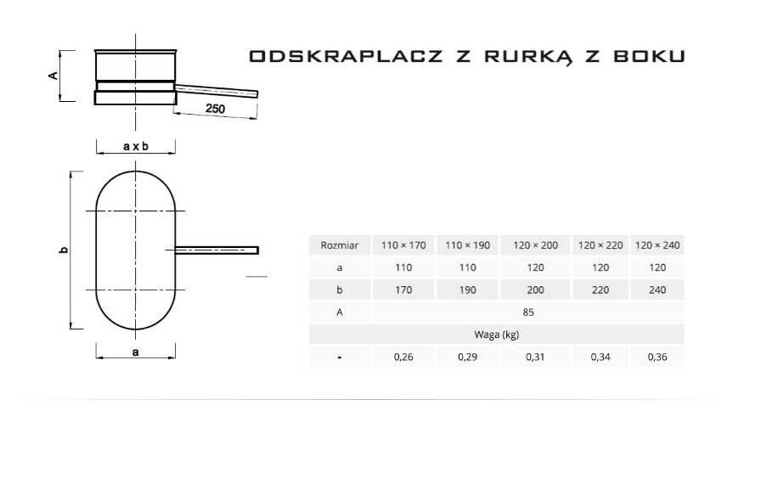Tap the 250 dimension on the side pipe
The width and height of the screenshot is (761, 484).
pos(215,109)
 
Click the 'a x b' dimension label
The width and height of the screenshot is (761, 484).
pos(135,146)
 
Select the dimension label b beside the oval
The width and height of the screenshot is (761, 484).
pos(63,250)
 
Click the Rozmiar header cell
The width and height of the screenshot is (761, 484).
pos(339,245)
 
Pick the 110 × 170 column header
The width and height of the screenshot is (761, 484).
pos(403,245)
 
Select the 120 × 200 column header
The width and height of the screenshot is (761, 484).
pos(535,245)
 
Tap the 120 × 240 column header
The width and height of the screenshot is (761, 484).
pos(657,245)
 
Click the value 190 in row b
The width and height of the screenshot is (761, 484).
pos(468,290)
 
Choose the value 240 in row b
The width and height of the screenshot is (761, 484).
pos(657,290)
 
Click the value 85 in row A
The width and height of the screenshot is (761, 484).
pos(527,312)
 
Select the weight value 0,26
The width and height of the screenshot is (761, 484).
pos(403,357)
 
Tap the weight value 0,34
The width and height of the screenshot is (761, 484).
pos(600,357)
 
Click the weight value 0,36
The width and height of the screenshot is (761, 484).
pos(657,357)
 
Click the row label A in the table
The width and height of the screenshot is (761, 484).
pos(339,312)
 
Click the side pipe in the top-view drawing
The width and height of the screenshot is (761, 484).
pos(217,250)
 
